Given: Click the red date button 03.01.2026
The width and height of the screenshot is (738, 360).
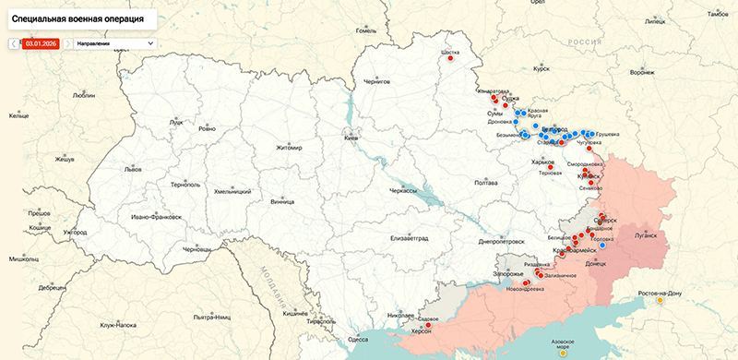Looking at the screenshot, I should pos(42,42).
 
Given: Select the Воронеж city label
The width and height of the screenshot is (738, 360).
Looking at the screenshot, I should pos(642,72).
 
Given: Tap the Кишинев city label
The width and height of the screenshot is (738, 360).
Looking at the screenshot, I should pos(295,313).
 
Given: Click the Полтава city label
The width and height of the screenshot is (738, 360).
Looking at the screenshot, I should pos(486,183).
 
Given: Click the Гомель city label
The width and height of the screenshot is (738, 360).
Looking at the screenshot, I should pos(367,30).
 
